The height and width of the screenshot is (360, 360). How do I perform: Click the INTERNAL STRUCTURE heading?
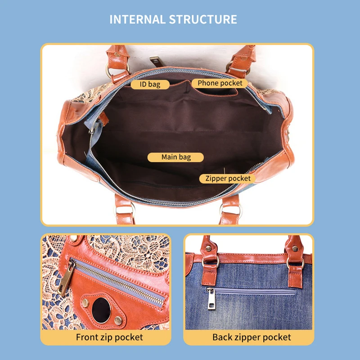(x=173, y=19)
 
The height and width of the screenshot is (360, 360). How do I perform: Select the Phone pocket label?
(x=220, y=83)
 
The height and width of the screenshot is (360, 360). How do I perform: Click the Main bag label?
(x=176, y=157)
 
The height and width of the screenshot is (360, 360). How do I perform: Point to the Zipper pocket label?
(x=228, y=179)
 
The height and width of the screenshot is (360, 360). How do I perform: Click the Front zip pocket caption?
(x=109, y=337)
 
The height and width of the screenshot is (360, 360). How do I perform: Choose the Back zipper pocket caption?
(x=252, y=337)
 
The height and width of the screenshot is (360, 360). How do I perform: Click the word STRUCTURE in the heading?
(x=203, y=19)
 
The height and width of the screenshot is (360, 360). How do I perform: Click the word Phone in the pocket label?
(x=208, y=83)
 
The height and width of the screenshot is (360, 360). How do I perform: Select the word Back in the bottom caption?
(x=222, y=337)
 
